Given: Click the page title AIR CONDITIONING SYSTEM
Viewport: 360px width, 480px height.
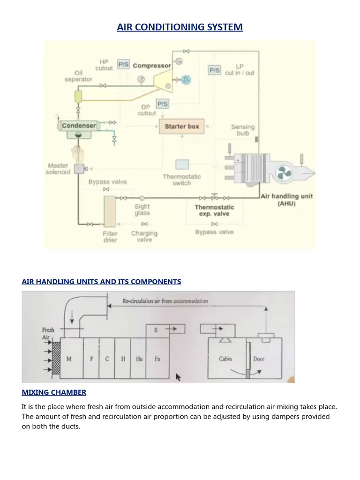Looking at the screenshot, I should (180, 27).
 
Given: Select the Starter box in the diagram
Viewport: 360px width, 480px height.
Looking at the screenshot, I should (182, 127).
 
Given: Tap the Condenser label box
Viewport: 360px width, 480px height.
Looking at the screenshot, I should (79, 126).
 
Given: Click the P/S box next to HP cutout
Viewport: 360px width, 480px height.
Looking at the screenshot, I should (123, 65).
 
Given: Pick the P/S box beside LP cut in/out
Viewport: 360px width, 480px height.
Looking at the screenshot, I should (214, 70).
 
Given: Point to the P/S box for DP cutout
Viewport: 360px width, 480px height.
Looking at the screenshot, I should (162, 104).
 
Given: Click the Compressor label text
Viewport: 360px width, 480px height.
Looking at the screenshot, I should (152, 66).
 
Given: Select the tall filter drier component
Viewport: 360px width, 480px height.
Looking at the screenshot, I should (110, 212).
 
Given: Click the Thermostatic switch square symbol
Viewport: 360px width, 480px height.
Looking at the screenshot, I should (182, 165).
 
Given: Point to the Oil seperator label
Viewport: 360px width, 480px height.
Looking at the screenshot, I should (78, 76).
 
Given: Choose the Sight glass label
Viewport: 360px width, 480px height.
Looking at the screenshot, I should (142, 210).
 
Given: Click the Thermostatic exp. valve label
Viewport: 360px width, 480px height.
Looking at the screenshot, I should (214, 210).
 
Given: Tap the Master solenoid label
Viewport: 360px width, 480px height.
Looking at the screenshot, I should (58, 169).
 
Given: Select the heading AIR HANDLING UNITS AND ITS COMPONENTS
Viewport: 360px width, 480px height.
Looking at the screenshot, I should (101, 282).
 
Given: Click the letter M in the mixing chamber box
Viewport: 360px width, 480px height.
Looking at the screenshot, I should (69, 359).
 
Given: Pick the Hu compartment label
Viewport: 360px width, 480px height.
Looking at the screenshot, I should (139, 359).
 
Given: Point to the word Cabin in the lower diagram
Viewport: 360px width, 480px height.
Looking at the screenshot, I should (226, 359).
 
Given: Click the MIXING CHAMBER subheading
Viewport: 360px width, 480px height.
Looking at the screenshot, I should (54, 392).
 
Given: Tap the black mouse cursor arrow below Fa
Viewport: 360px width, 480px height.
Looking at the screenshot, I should (178, 377).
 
